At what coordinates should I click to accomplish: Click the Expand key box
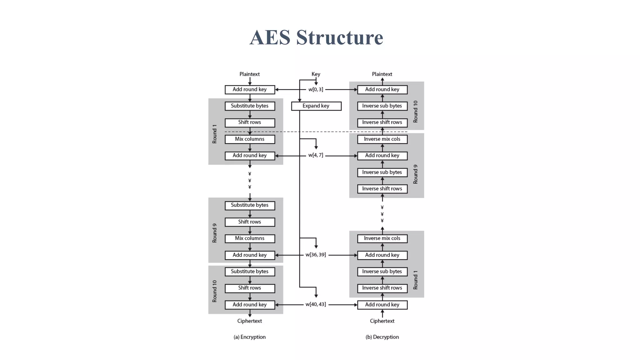click(x=316, y=106)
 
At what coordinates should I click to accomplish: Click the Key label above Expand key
click(x=316, y=74)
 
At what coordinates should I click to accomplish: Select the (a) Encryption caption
click(x=249, y=337)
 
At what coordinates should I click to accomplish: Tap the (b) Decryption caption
click(x=382, y=337)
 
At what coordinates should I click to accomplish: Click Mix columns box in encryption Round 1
click(x=250, y=139)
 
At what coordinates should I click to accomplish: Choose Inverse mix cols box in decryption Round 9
click(x=382, y=139)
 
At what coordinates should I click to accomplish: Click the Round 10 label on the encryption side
click(x=214, y=291)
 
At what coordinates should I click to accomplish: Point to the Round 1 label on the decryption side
click(x=415, y=280)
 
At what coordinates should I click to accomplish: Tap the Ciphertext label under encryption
click(x=249, y=321)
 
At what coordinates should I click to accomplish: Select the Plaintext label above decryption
click(x=382, y=74)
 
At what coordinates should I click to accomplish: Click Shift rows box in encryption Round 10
click(x=250, y=288)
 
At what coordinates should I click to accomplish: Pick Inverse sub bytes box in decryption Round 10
click(x=382, y=106)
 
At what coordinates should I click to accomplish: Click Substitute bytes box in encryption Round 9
click(x=250, y=205)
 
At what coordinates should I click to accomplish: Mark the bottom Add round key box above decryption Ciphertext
click(x=382, y=305)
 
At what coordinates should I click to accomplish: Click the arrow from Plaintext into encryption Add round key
click(x=250, y=81)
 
